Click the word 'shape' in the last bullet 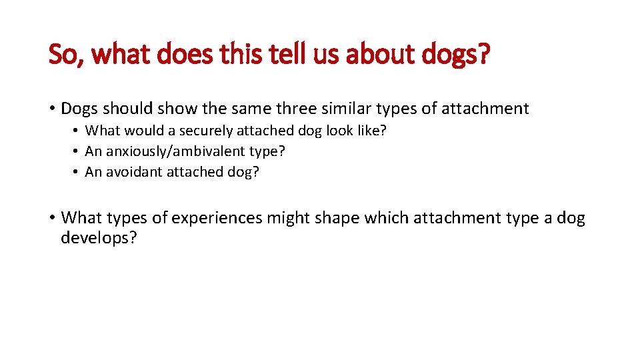337,218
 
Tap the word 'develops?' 99,238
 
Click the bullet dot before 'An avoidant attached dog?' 77,172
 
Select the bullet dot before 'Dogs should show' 51,108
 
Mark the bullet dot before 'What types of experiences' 51,218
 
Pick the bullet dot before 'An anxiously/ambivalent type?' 77,151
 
